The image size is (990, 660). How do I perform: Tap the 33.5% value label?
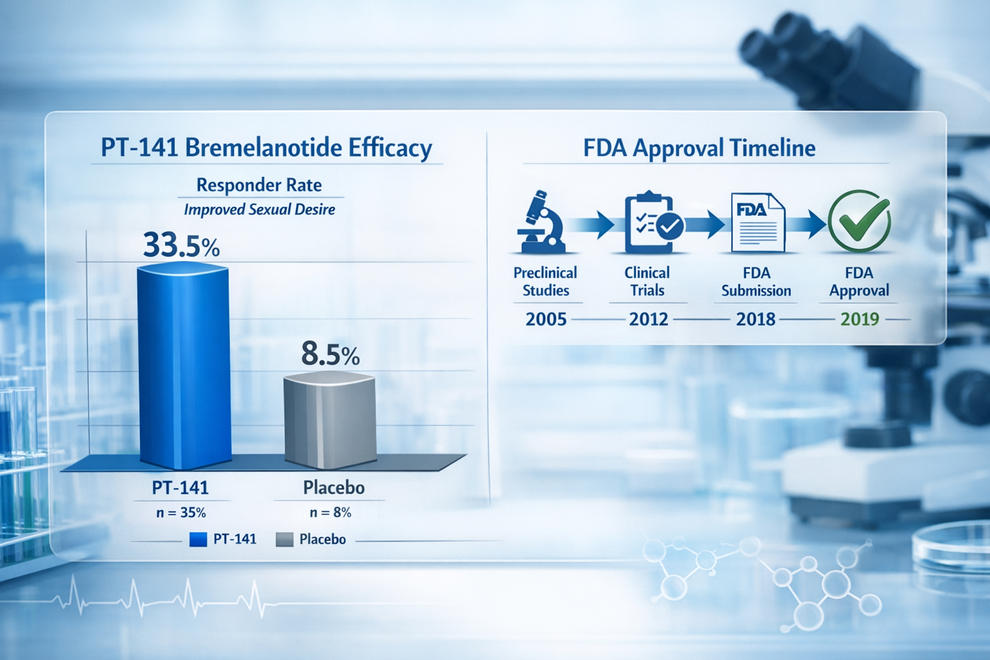[x=181, y=246]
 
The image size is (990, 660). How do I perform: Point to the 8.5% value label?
[x=330, y=354]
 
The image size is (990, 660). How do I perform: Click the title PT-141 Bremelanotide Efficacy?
[x=266, y=148]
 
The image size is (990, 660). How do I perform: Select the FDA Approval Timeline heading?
[x=699, y=148]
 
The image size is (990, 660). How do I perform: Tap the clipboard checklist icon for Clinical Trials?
[x=652, y=223]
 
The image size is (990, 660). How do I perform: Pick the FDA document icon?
[x=757, y=222]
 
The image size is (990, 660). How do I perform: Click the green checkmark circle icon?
[x=859, y=221]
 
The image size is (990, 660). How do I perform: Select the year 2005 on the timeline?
[x=546, y=319]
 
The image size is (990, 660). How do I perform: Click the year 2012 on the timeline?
[x=648, y=319]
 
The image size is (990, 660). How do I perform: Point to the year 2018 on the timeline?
[x=755, y=319]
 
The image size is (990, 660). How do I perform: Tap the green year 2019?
[x=860, y=319]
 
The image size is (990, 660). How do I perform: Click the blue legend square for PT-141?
[x=198, y=539]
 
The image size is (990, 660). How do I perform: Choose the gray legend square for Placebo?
[x=284, y=539]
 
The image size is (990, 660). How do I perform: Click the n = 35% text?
[x=181, y=512]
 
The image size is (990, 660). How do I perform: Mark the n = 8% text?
[x=331, y=512]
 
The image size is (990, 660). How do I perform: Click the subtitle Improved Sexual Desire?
[x=259, y=209]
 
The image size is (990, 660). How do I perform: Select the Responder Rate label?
[x=259, y=185]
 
